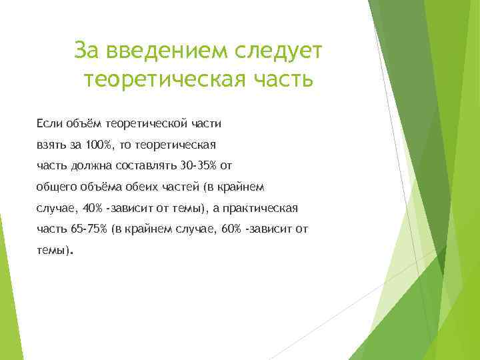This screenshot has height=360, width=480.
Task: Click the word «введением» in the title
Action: click(169, 49)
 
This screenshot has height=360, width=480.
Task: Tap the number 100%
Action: click(99, 144)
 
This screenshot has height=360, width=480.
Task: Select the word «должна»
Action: click(85, 165)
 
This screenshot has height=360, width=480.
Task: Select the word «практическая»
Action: click(261, 208)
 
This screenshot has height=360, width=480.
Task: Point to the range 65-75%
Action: click(85, 229)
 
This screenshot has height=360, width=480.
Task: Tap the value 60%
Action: click(231, 229)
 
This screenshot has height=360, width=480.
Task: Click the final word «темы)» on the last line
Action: click(53, 251)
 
